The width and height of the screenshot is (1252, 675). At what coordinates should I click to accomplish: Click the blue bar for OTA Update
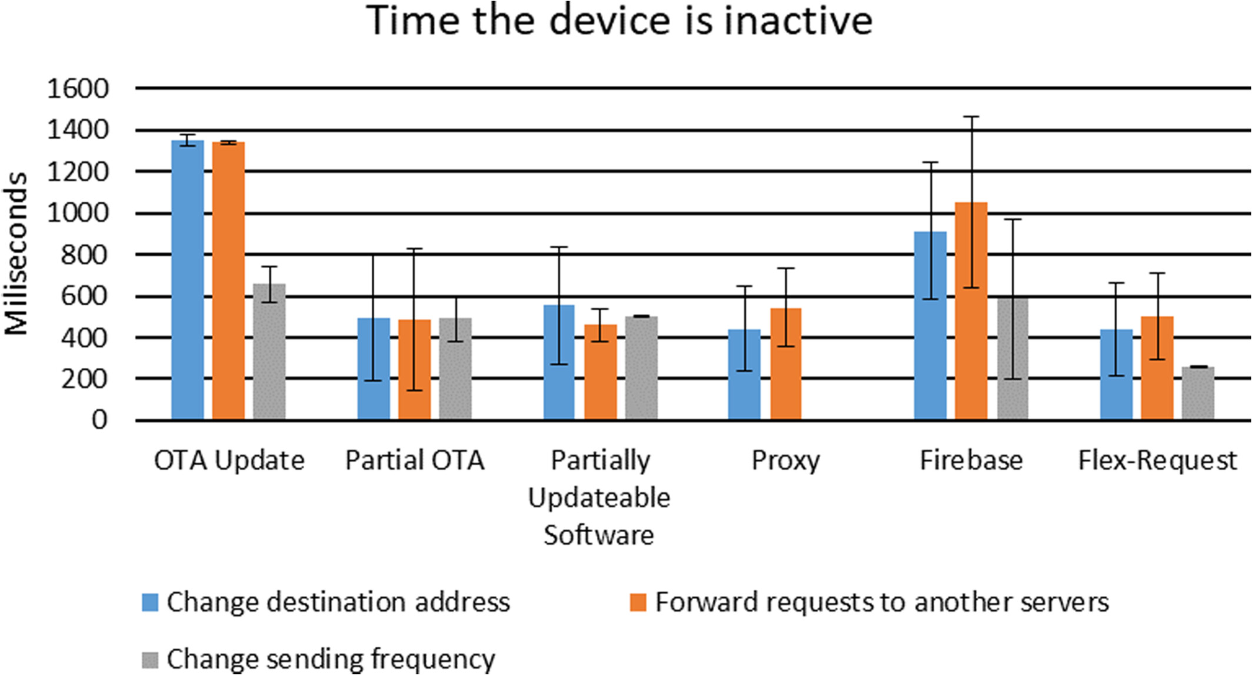click(x=188, y=280)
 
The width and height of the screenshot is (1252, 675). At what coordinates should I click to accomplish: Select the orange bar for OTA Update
click(x=228, y=281)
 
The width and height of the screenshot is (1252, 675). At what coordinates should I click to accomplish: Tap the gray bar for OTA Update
click(x=269, y=352)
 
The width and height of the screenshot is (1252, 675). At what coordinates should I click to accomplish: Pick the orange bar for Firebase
click(x=971, y=311)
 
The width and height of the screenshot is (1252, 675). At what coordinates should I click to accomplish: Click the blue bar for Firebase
click(x=930, y=326)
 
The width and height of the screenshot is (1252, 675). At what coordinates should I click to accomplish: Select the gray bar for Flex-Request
click(x=1198, y=393)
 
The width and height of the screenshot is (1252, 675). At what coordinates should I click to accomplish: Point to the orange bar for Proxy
click(x=785, y=364)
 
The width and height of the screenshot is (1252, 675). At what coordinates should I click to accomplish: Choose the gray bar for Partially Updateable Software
click(x=641, y=368)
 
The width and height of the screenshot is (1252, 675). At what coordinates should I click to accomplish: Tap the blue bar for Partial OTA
click(x=374, y=369)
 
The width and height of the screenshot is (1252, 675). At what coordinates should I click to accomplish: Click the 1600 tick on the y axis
click(x=78, y=89)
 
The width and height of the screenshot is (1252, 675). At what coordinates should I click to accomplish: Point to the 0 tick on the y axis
click(x=99, y=420)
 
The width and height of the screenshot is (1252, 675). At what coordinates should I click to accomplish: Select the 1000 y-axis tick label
click(x=78, y=213)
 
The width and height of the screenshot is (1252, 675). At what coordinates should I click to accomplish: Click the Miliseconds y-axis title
click(x=16, y=253)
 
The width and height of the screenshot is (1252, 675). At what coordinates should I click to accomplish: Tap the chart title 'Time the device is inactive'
click(x=620, y=20)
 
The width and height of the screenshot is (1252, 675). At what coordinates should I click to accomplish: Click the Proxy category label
click(x=785, y=461)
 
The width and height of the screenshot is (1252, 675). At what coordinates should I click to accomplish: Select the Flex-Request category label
click(x=1157, y=460)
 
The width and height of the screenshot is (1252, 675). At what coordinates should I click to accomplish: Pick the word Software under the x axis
click(x=599, y=535)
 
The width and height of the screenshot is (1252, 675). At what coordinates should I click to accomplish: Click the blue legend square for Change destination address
click(x=150, y=602)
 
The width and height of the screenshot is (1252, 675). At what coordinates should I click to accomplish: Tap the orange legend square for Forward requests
click(x=638, y=602)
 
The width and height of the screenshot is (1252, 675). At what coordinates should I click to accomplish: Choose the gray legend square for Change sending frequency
click(x=150, y=659)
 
